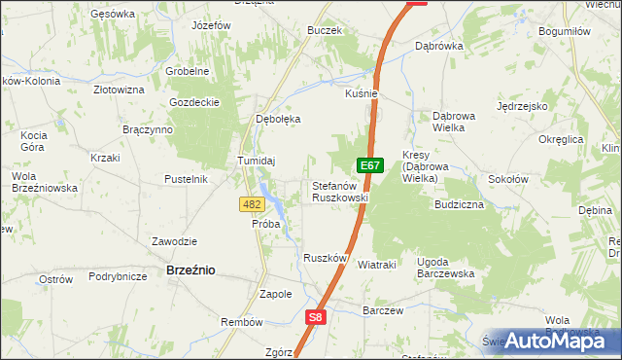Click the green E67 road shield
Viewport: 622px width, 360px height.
pos(367,165)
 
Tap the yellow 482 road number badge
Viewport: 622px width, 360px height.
pos(251,203)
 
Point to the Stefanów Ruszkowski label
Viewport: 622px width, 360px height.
pos(339,191)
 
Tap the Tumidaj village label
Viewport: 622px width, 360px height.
pos(258,161)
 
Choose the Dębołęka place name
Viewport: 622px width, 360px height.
pos(278,119)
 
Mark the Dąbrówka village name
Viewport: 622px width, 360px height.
pos(438,46)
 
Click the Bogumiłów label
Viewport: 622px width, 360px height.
pos(564,31)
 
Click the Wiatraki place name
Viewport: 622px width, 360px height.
pos(376,264)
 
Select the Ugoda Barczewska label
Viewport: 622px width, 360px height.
pos(445,268)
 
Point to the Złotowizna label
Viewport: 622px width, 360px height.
pos(119,89)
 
